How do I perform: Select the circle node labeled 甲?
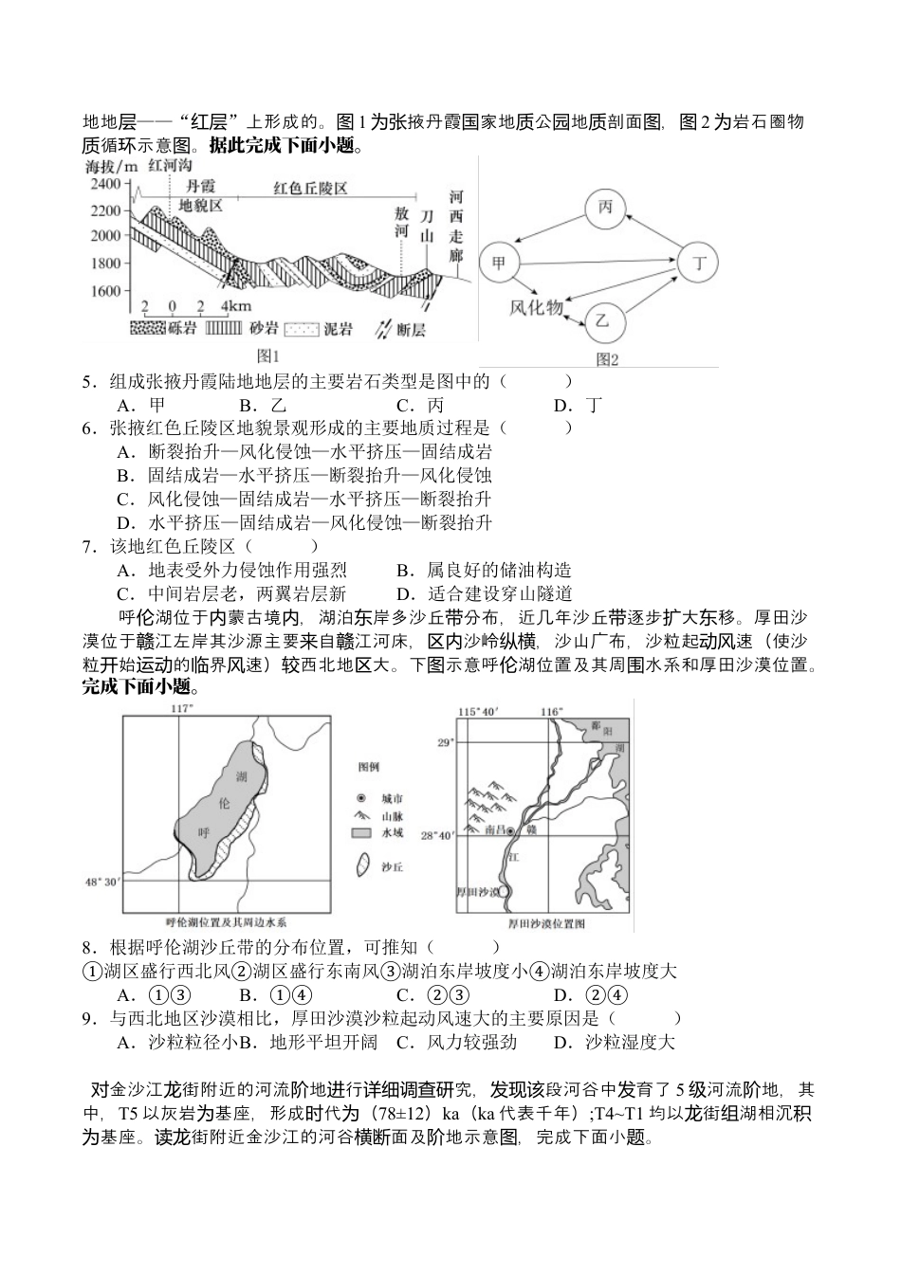(499, 263)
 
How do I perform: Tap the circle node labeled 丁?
(700, 264)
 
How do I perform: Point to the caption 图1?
(269, 356)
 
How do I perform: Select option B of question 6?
(304, 476)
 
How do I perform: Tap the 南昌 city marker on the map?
(510, 830)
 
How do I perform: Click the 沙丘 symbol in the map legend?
(361, 865)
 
